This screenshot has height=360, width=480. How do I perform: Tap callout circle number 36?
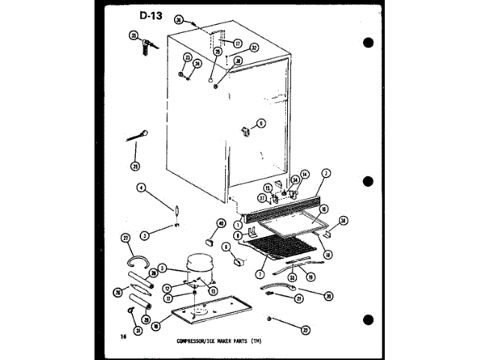pyautogui.click(x=178, y=19)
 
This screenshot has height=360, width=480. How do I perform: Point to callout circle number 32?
pyautogui.click(x=254, y=48)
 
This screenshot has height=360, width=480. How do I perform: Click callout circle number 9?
pyautogui.click(x=261, y=123)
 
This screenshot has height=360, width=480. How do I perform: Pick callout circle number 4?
pyautogui.click(x=140, y=188)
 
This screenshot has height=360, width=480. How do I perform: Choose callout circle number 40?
pyautogui.click(x=221, y=223)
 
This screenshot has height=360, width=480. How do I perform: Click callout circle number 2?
pyautogui.click(x=325, y=173)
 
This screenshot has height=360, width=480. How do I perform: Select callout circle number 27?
pyautogui.click(x=126, y=238)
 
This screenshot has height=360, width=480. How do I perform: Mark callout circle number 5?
pyautogui.click(x=161, y=267)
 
